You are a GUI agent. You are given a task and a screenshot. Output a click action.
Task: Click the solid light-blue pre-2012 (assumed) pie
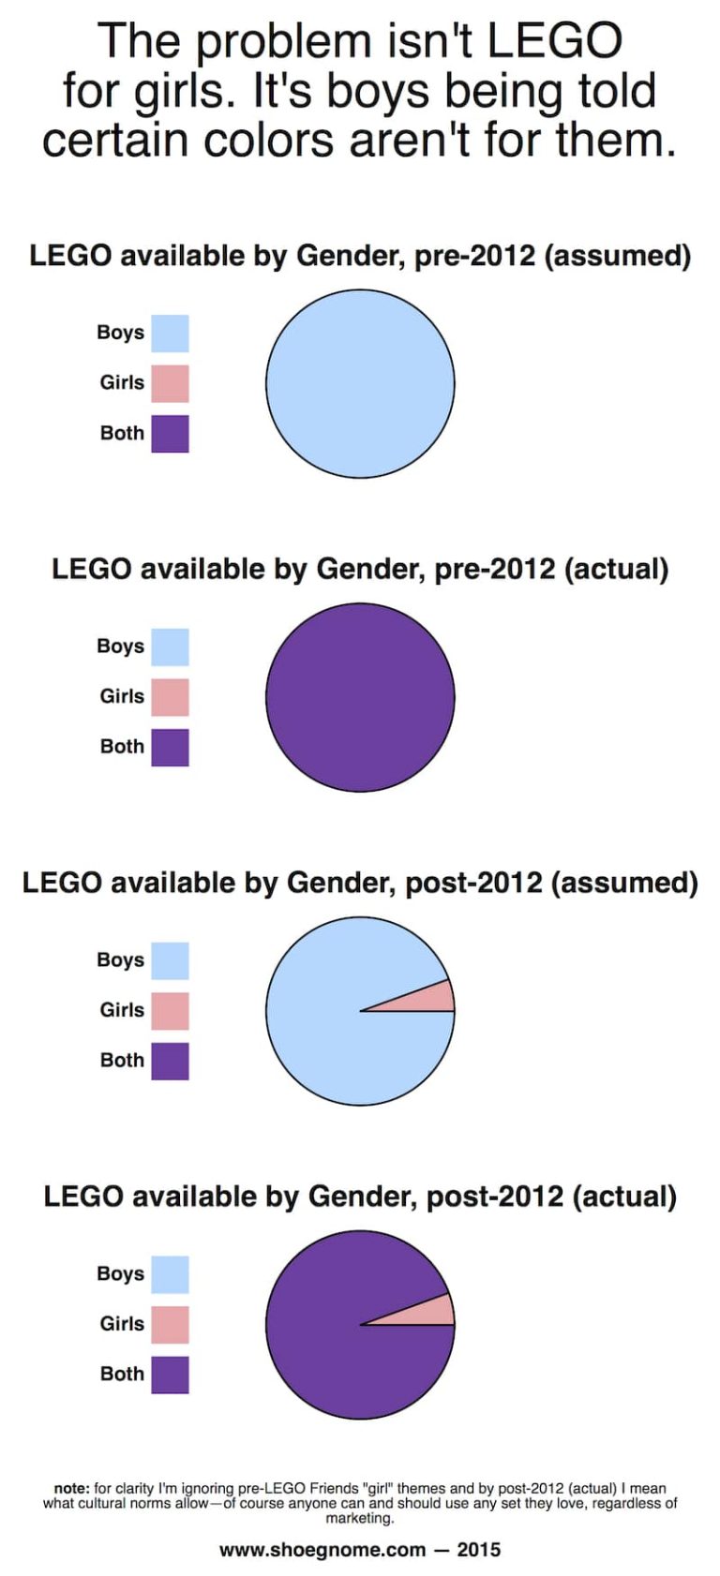(x=360, y=383)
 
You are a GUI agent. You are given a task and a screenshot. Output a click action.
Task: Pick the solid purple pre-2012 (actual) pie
(x=360, y=697)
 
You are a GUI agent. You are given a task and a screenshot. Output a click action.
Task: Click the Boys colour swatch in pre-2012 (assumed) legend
(x=170, y=334)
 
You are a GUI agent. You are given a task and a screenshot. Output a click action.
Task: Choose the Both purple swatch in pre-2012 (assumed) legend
(x=170, y=434)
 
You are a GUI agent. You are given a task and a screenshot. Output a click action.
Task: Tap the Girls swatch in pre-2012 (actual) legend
(x=170, y=697)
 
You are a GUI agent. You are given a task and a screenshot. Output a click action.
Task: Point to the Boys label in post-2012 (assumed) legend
(x=120, y=959)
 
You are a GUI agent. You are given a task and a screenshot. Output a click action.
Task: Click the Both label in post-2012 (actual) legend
(x=122, y=1374)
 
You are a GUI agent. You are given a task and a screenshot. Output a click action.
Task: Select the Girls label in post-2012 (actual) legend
(x=122, y=1323)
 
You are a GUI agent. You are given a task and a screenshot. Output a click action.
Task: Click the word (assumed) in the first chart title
(x=617, y=256)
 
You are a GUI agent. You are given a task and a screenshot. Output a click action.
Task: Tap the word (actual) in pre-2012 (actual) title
(x=617, y=569)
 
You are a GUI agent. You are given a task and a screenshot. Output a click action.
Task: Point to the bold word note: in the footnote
(x=71, y=1488)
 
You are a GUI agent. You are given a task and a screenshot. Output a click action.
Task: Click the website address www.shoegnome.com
(x=322, y=1550)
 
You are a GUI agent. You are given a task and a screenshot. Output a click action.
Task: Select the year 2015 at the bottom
(x=479, y=1550)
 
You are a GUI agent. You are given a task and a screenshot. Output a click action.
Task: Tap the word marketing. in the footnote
(x=360, y=1518)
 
